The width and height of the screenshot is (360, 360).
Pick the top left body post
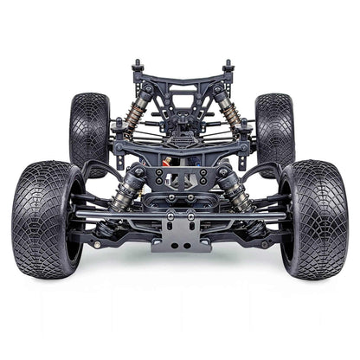point(137,67)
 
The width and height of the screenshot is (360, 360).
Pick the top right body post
point(228,67)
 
